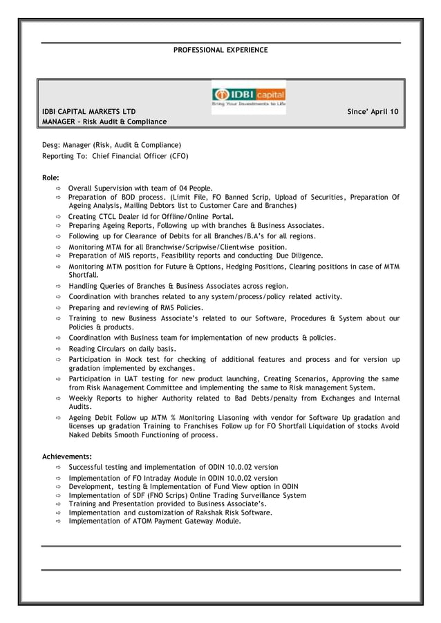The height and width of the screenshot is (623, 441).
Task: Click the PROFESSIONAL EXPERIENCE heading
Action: (220, 50)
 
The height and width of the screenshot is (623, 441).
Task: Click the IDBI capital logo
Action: (248, 96)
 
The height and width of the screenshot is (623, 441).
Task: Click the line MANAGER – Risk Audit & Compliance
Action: (104, 122)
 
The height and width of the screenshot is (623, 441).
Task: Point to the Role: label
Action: (51, 178)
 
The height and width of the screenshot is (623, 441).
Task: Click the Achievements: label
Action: (67, 457)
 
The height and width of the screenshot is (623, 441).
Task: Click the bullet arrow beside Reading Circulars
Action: (59, 349)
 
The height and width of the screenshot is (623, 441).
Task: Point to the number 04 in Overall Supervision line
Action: (178, 188)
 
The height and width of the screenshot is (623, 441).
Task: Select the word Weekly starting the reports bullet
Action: (82, 399)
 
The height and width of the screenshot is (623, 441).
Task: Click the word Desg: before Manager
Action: (51, 145)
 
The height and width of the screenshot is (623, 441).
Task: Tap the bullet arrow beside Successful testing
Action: (59, 468)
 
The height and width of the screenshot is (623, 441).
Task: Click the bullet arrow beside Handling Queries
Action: (59, 286)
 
